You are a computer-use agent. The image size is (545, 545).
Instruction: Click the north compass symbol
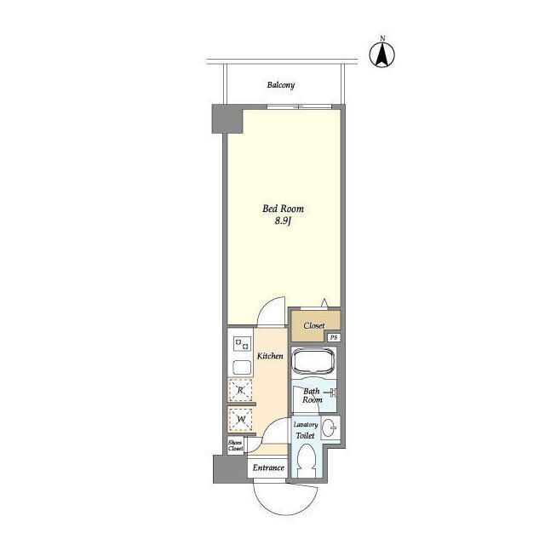[382, 54]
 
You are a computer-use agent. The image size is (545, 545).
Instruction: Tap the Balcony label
[281, 85]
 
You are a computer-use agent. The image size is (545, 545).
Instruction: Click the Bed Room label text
[283, 209]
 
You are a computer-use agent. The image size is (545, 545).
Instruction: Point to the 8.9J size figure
[283, 221]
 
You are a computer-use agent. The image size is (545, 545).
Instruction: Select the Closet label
[314, 325]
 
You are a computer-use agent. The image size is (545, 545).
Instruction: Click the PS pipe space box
[334, 337]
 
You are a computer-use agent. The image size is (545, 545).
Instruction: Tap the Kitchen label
[270, 356]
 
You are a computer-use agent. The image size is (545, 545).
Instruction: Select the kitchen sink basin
[242, 367]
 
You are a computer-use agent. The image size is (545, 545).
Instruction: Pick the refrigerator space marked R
[240, 390]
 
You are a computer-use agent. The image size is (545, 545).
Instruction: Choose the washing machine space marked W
[240, 420]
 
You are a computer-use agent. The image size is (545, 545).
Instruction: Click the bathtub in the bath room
[313, 361]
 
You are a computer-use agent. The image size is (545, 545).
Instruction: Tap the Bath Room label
[313, 395]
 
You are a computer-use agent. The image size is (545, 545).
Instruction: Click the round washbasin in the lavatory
[329, 427]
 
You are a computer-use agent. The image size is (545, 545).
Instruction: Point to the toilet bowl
[307, 461]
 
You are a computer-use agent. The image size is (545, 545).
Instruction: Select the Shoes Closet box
[235, 445]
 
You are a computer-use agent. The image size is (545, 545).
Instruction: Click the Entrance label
[268, 468]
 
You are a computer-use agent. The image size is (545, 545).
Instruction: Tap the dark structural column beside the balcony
[227, 119]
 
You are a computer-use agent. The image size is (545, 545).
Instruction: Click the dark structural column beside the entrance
[230, 469]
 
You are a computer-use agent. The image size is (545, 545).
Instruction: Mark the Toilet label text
[305, 435]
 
